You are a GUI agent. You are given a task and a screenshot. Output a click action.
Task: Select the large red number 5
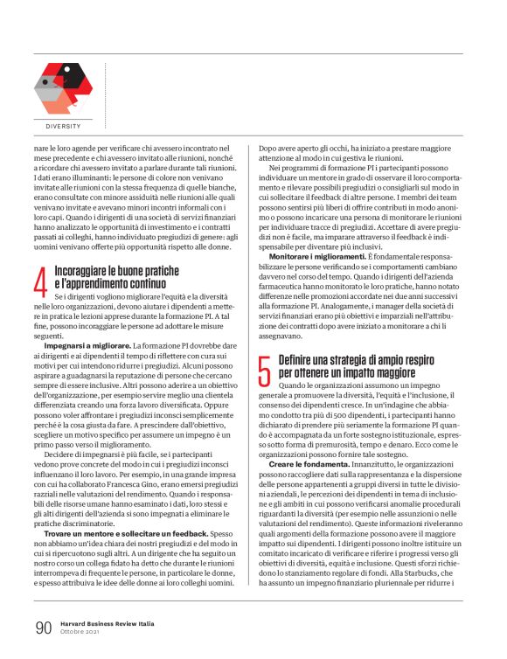coord(264,371)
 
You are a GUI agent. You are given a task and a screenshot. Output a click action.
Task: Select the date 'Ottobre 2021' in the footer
coord(81,632)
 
